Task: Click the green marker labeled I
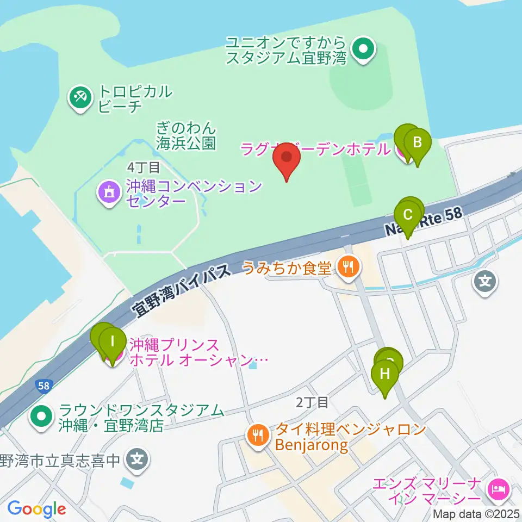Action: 113,343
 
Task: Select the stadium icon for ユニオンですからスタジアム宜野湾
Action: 362,49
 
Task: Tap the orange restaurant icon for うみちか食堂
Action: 346,266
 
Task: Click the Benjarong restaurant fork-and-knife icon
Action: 257,435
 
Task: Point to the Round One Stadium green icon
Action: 41,417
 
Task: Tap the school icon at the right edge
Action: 486,282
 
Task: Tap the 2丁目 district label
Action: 312,402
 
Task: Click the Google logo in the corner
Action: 36,509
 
